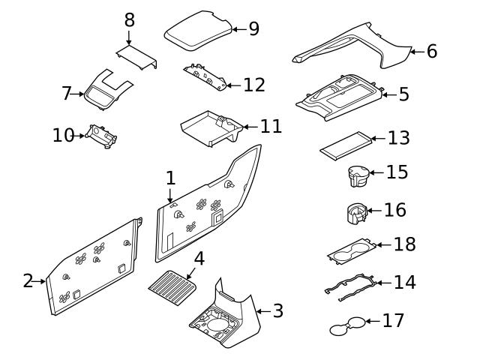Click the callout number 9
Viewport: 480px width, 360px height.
point(253,28)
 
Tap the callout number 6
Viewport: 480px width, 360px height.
point(431,51)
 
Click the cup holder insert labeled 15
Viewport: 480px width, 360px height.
point(357,176)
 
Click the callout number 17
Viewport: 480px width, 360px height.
point(393,321)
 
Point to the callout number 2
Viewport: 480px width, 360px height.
point(28,281)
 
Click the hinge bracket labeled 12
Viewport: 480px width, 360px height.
point(203,77)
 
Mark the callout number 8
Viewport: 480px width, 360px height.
point(129,19)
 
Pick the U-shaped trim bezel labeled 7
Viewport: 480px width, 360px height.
point(104,90)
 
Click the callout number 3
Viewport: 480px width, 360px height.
point(277,310)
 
